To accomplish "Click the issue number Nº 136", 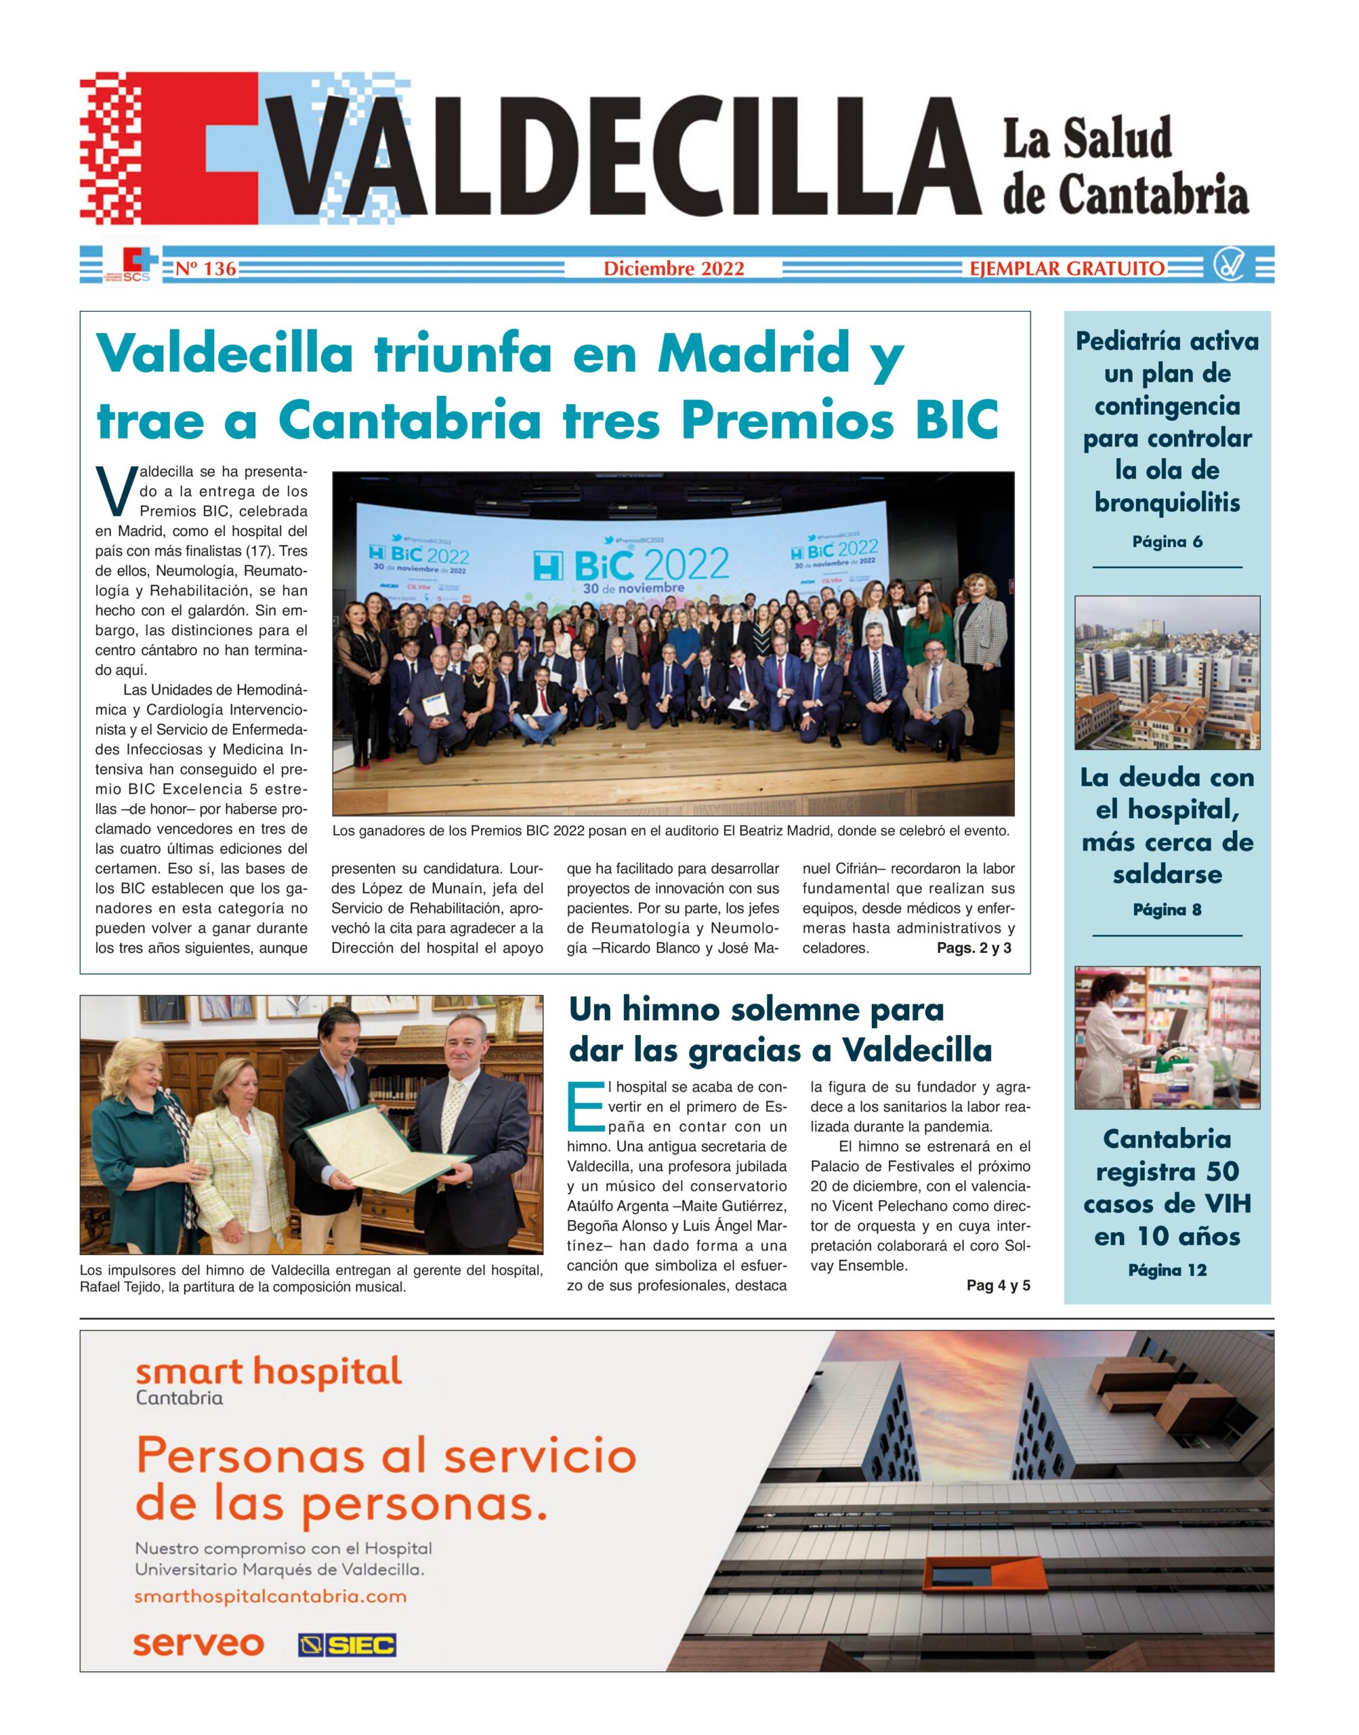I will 205,269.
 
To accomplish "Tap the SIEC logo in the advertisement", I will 347,1645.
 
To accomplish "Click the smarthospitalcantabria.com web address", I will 270,1597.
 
